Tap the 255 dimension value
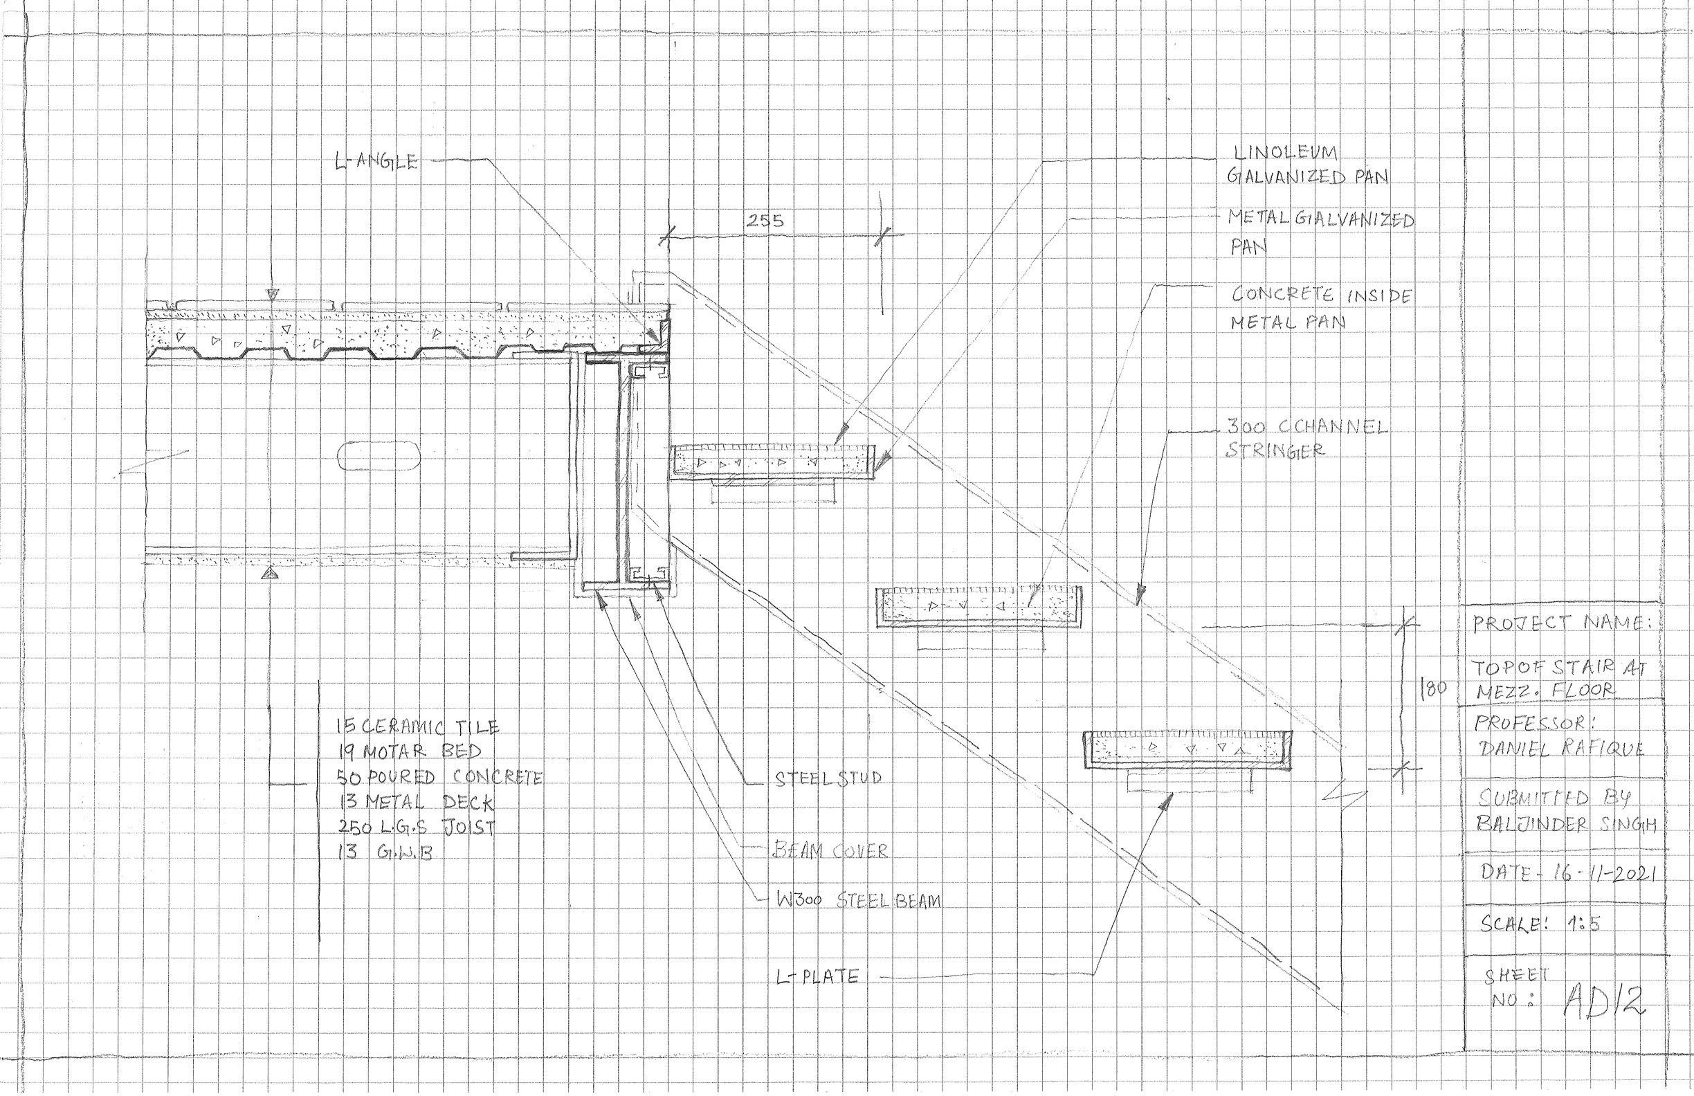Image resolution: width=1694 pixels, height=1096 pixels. [765, 221]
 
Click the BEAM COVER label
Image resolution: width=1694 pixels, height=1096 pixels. [830, 850]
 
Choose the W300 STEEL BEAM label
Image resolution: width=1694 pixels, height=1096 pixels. [857, 900]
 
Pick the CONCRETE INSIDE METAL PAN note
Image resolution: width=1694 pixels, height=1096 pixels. [1320, 308]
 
